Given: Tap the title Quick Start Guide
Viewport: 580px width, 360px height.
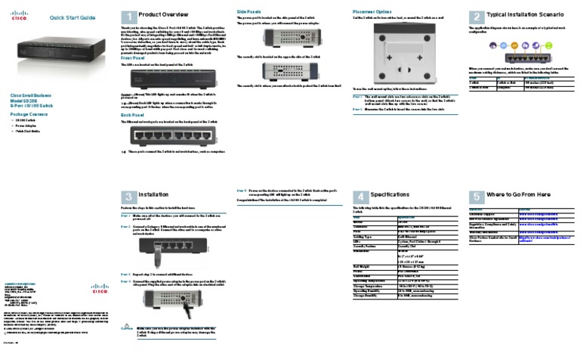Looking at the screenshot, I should [x=72, y=17].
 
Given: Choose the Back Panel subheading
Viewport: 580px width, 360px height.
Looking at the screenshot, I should [x=134, y=115].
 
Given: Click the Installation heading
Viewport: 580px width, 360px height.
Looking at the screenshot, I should [x=153, y=195].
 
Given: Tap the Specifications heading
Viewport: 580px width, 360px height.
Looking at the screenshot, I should [x=390, y=195].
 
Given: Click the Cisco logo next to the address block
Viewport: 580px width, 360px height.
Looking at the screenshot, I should [x=100, y=287].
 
